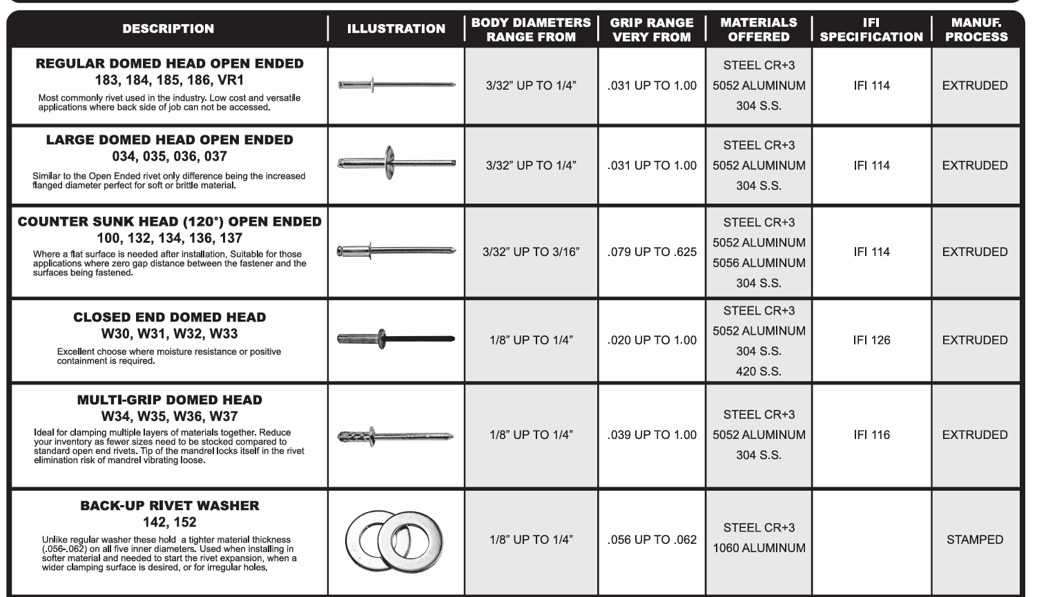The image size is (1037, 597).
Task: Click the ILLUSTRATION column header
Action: click(x=396, y=29)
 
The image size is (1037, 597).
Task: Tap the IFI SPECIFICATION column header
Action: click(x=871, y=29)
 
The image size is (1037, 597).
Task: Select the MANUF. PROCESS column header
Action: click(x=976, y=29)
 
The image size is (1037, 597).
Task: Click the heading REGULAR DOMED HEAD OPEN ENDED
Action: click(x=169, y=63)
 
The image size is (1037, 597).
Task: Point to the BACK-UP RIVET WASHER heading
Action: click(x=169, y=506)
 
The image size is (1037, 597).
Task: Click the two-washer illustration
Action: click(x=394, y=540)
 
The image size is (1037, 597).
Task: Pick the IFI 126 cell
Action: click(x=871, y=340)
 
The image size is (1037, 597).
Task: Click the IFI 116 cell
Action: click(x=871, y=435)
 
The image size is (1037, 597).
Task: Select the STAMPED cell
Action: click(x=975, y=540)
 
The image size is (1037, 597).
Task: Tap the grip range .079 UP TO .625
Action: click(x=652, y=252)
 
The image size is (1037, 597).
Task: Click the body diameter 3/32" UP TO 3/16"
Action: click(x=531, y=252)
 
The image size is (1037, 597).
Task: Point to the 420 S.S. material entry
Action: click(x=759, y=371)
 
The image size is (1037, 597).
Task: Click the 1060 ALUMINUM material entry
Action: click(x=759, y=548)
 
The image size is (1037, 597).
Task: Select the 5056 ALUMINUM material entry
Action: click(x=759, y=263)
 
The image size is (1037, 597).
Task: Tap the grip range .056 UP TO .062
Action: click(x=652, y=540)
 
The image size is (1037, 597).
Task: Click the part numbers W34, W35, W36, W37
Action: click(x=169, y=416)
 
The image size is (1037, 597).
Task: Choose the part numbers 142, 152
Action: click(x=169, y=522)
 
